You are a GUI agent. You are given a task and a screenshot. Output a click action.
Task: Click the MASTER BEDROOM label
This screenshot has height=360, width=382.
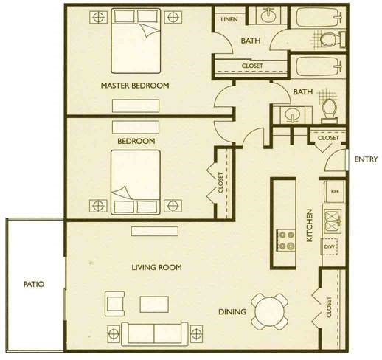tap(135, 86)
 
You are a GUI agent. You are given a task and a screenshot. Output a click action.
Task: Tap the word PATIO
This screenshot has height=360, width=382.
tap(34, 284)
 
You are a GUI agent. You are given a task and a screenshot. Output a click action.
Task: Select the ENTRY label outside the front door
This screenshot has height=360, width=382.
tap(366, 159)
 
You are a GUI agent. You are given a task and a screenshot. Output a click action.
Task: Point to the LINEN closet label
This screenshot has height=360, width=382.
tap(229, 19)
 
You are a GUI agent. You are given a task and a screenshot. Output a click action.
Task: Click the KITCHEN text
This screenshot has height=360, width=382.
tap(310, 225)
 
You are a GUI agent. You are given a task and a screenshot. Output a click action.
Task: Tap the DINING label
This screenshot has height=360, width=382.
tap(232, 312)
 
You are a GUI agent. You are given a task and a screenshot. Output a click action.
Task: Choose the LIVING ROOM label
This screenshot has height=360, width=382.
tap(156, 267)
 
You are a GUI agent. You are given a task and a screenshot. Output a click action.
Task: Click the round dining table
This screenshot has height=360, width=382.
tap(269, 311)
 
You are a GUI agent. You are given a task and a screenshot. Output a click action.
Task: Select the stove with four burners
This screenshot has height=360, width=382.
tap(286, 240)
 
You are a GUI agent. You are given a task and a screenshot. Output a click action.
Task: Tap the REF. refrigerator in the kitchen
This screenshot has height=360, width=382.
tap(334, 191)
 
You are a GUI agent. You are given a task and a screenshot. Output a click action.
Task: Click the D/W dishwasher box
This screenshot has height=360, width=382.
tap(329, 246)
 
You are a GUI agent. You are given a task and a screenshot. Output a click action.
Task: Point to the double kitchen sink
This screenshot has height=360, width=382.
tap(333, 221)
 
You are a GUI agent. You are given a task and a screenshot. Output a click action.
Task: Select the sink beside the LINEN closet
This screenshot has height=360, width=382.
tap(268, 15)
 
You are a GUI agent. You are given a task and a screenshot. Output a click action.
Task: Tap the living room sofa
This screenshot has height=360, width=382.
tap(155, 333)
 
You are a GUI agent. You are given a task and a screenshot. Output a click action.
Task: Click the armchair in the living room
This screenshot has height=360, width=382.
tap(114, 304)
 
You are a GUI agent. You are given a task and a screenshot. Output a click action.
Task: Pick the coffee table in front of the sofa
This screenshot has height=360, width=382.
tap(154, 305)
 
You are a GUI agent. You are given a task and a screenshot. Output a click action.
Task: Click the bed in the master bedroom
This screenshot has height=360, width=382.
tap(136, 41)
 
